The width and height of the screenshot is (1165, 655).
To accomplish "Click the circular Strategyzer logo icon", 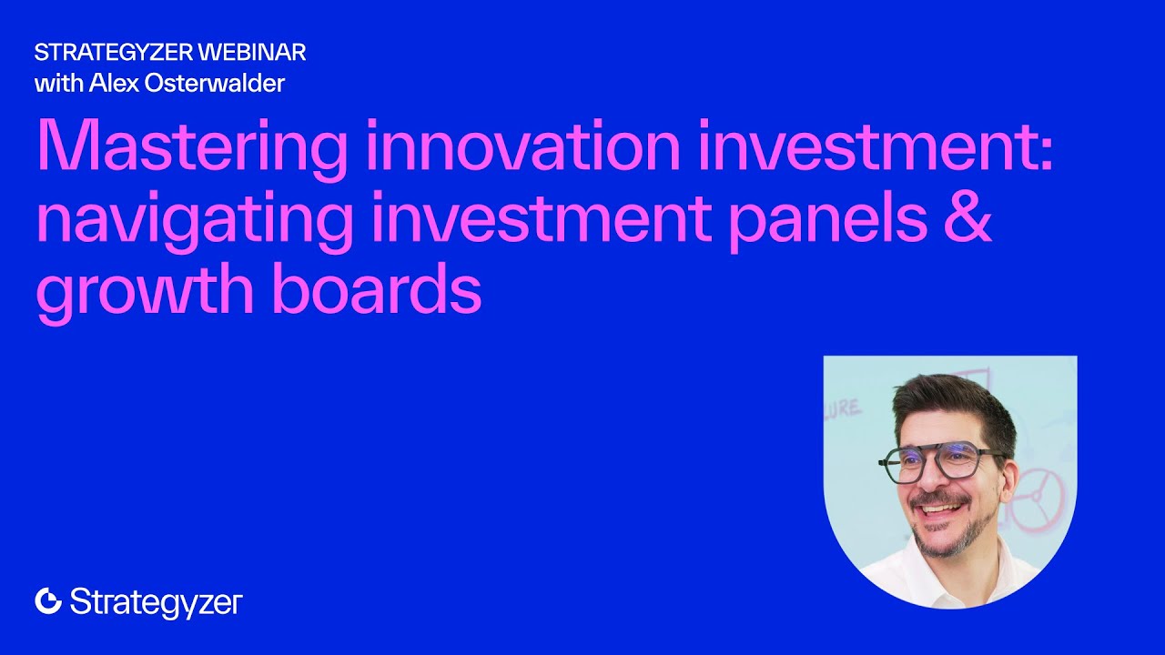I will pos(48,600).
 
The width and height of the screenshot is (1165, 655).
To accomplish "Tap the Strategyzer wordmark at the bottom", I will pos(156,602).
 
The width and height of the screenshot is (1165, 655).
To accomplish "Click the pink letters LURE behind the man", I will pos(843,408).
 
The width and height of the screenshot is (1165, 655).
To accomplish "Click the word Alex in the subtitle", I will pos(112,84).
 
